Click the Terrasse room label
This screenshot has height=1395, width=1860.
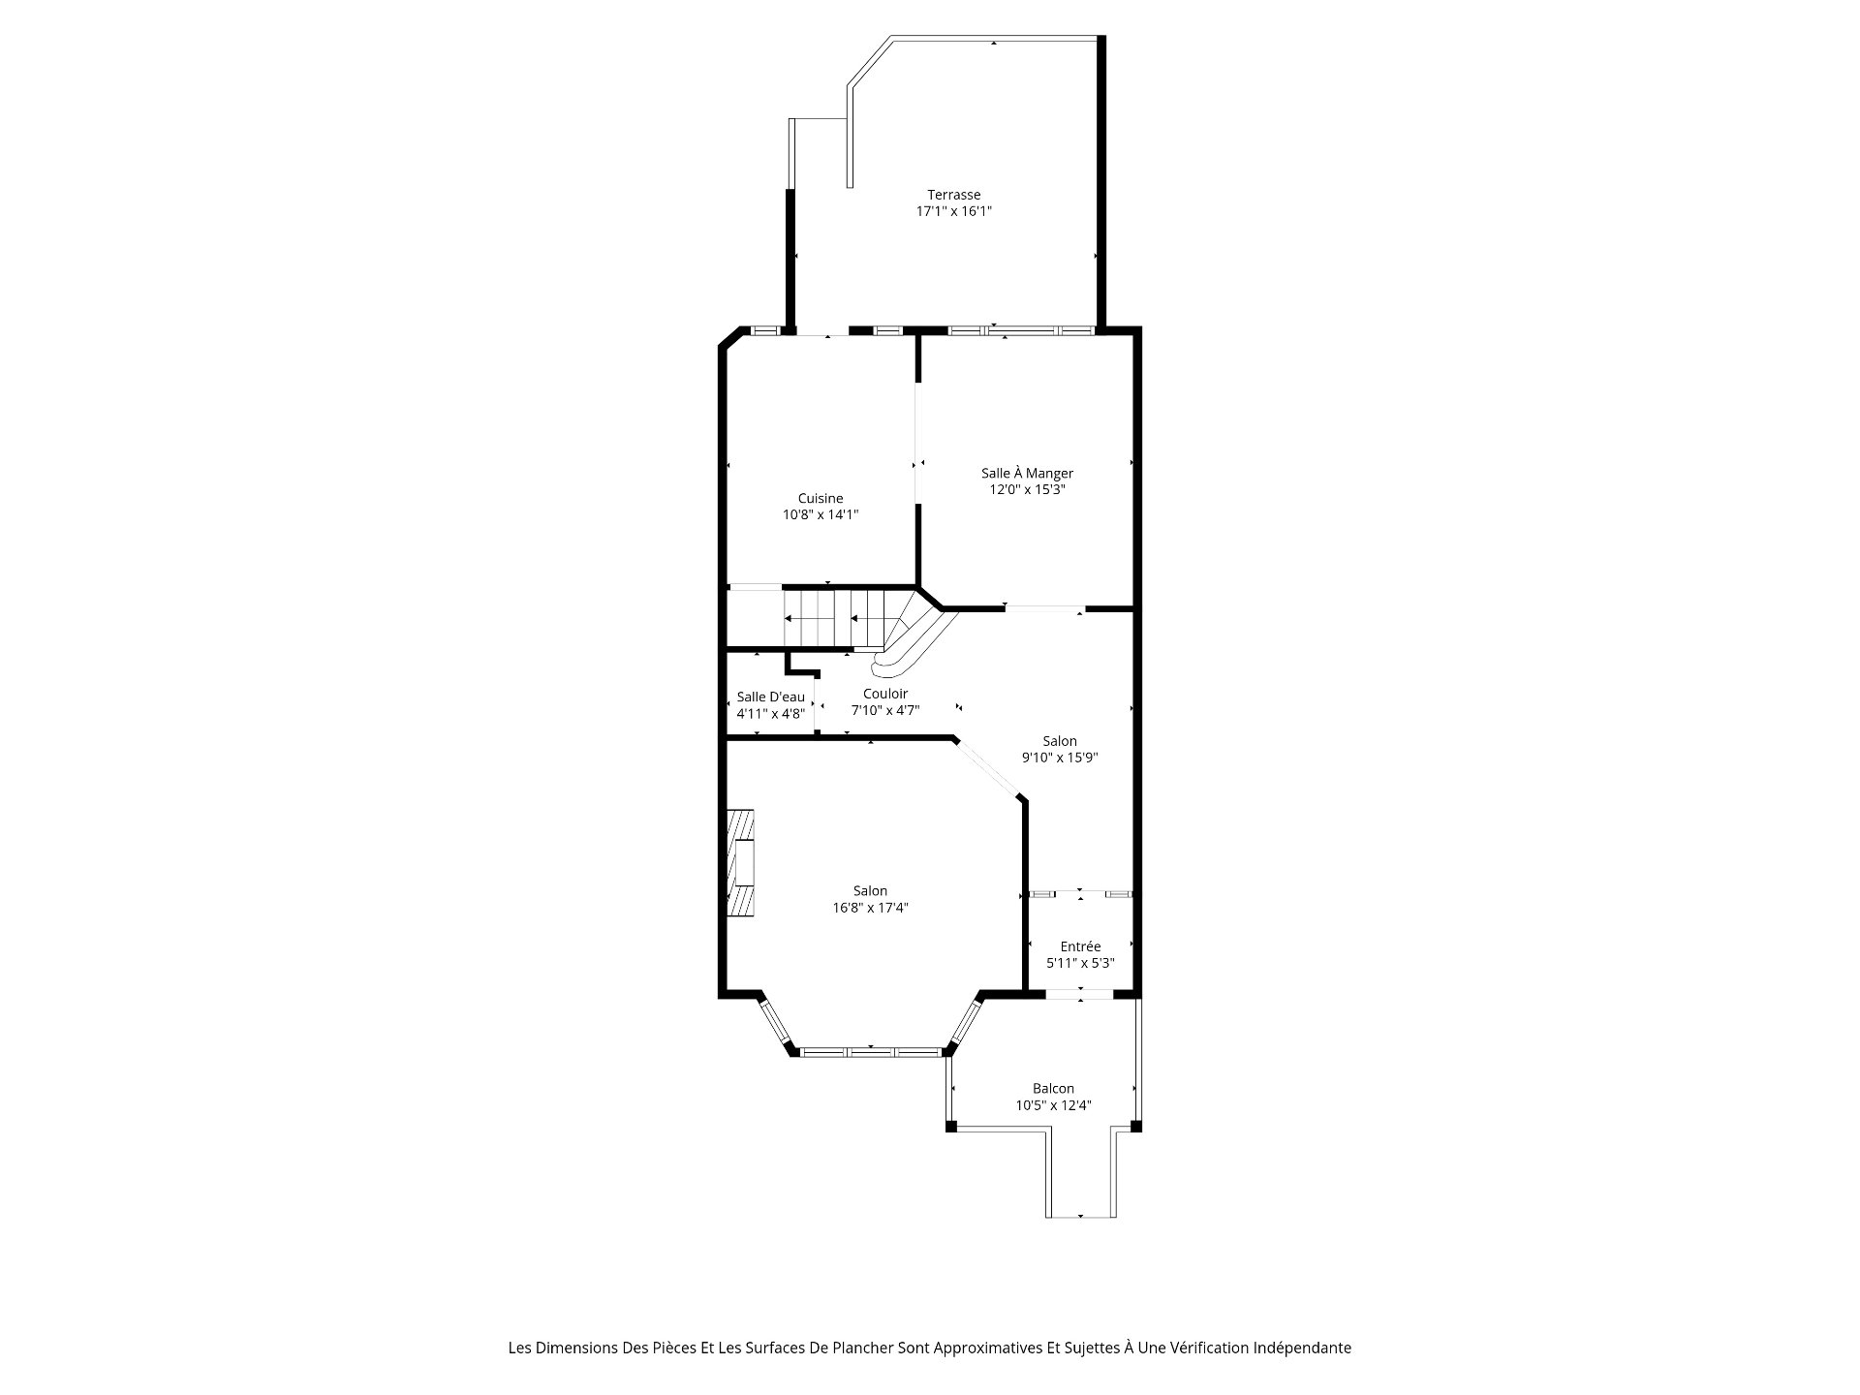click(x=953, y=195)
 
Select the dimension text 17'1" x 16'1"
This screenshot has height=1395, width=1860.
click(x=954, y=211)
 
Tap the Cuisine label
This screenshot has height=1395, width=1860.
click(x=821, y=499)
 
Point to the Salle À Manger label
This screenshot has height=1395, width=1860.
click(x=1027, y=473)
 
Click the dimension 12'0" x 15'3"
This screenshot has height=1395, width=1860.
click(x=1027, y=489)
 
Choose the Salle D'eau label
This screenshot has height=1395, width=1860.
click(x=770, y=697)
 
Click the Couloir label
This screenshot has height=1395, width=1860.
click(x=885, y=694)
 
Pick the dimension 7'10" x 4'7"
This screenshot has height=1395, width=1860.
click(x=885, y=710)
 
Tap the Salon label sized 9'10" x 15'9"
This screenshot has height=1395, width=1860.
click(x=1060, y=741)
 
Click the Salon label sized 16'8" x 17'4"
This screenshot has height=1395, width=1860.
click(x=870, y=891)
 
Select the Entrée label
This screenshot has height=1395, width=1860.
click(x=1080, y=946)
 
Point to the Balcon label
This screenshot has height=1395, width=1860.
click(x=1053, y=1089)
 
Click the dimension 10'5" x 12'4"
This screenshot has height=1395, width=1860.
click(x=1053, y=1105)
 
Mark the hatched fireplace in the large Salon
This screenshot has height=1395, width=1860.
click(x=741, y=862)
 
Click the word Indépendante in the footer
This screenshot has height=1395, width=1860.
click(x=1306, y=1348)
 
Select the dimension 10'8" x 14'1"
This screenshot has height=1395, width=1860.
click(x=821, y=515)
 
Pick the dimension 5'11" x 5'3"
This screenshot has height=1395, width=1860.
click(x=1080, y=963)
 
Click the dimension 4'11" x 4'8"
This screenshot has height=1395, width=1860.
click(x=770, y=713)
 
